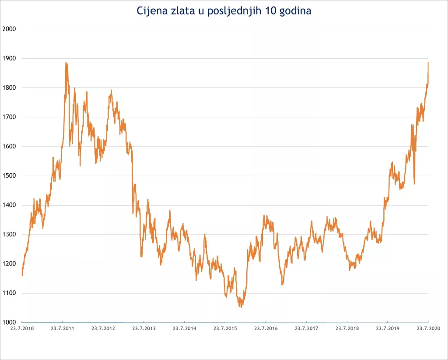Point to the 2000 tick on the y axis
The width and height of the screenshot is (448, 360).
click(9, 29)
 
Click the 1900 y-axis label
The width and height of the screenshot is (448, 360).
click(9, 58)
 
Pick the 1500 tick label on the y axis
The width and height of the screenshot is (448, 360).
click(9, 175)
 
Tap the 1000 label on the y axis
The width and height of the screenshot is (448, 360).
click(9, 322)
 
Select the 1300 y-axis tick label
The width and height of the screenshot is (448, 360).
click(9, 234)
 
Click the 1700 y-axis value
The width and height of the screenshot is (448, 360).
click(9, 117)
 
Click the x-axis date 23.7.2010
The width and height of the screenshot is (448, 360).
click(22, 328)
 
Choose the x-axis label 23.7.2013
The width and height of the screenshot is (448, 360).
click(143, 328)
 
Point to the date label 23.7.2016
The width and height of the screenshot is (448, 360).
click(266, 328)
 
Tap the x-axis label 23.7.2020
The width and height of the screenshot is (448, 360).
click(428, 328)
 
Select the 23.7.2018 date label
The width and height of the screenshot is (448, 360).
click(346, 328)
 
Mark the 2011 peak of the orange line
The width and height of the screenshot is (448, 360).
click(66, 63)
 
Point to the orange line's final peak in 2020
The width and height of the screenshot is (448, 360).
click(428, 63)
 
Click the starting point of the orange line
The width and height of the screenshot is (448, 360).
click(22, 275)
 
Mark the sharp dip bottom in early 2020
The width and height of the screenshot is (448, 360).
click(414, 184)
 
